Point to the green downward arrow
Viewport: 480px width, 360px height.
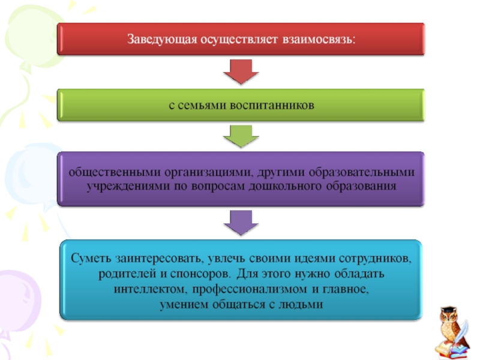(240, 137)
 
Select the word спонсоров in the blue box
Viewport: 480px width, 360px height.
(200, 274)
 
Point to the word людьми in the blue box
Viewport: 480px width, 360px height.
(304, 304)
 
